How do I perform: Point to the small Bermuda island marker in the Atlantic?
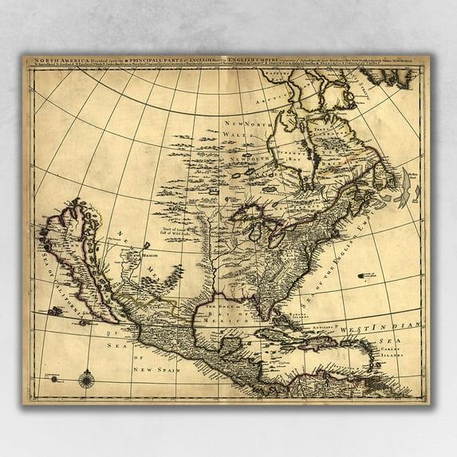click(368, 274)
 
